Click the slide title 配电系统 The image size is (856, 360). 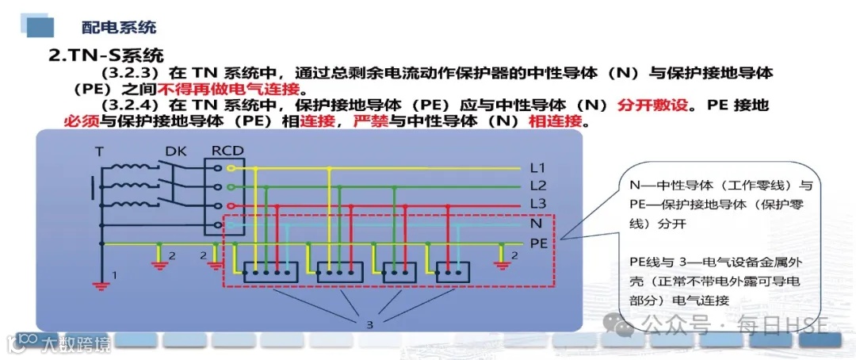(119, 27)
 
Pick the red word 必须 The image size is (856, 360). (80, 122)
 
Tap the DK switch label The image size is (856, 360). (175, 151)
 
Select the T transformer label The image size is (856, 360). (99, 151)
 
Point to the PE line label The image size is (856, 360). (539, 243)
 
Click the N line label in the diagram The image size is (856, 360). (537, 224)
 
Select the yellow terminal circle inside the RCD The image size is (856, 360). (231, 168)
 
